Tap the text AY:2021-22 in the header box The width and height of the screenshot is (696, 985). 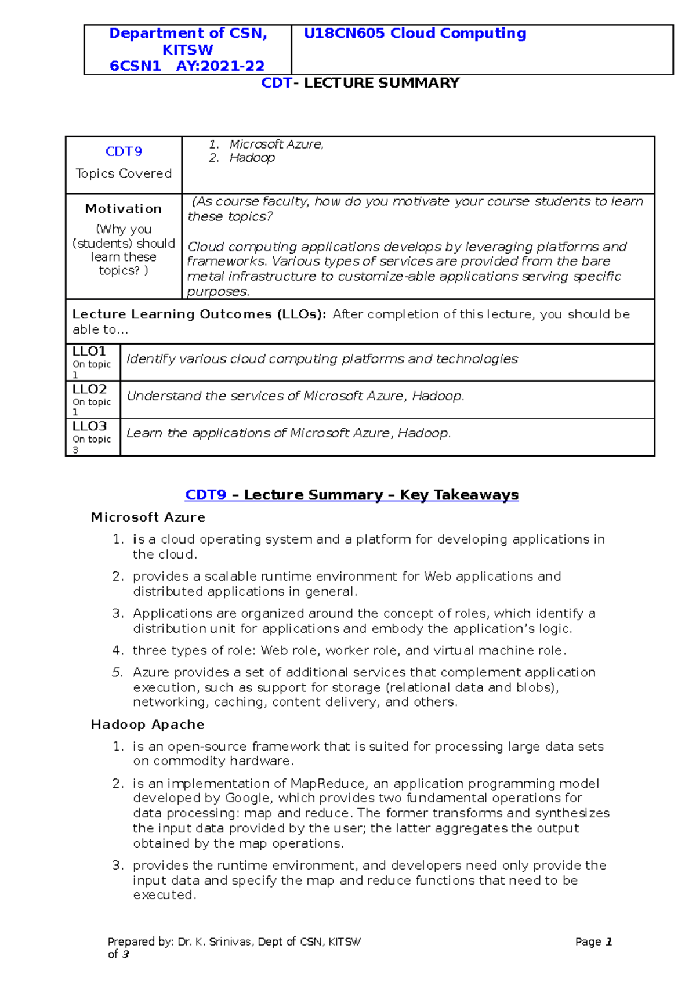220,66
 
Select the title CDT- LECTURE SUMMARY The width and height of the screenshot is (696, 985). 360,83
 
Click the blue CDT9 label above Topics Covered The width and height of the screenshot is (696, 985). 124,151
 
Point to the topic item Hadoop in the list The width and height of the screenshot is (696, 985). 252,158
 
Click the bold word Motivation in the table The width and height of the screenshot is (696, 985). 124,209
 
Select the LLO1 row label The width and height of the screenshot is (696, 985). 89,352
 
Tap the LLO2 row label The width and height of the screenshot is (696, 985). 89,389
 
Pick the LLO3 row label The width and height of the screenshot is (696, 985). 89,426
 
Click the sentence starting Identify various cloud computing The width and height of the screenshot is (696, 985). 322,359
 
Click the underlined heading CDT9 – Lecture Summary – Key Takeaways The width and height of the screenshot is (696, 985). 351,495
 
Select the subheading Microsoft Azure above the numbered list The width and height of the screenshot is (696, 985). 148,517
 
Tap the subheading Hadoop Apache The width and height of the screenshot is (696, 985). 147,725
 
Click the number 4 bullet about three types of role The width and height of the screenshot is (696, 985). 118,650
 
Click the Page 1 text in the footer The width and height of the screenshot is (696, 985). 593,942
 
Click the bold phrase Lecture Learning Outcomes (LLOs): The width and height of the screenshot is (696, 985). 199,314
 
